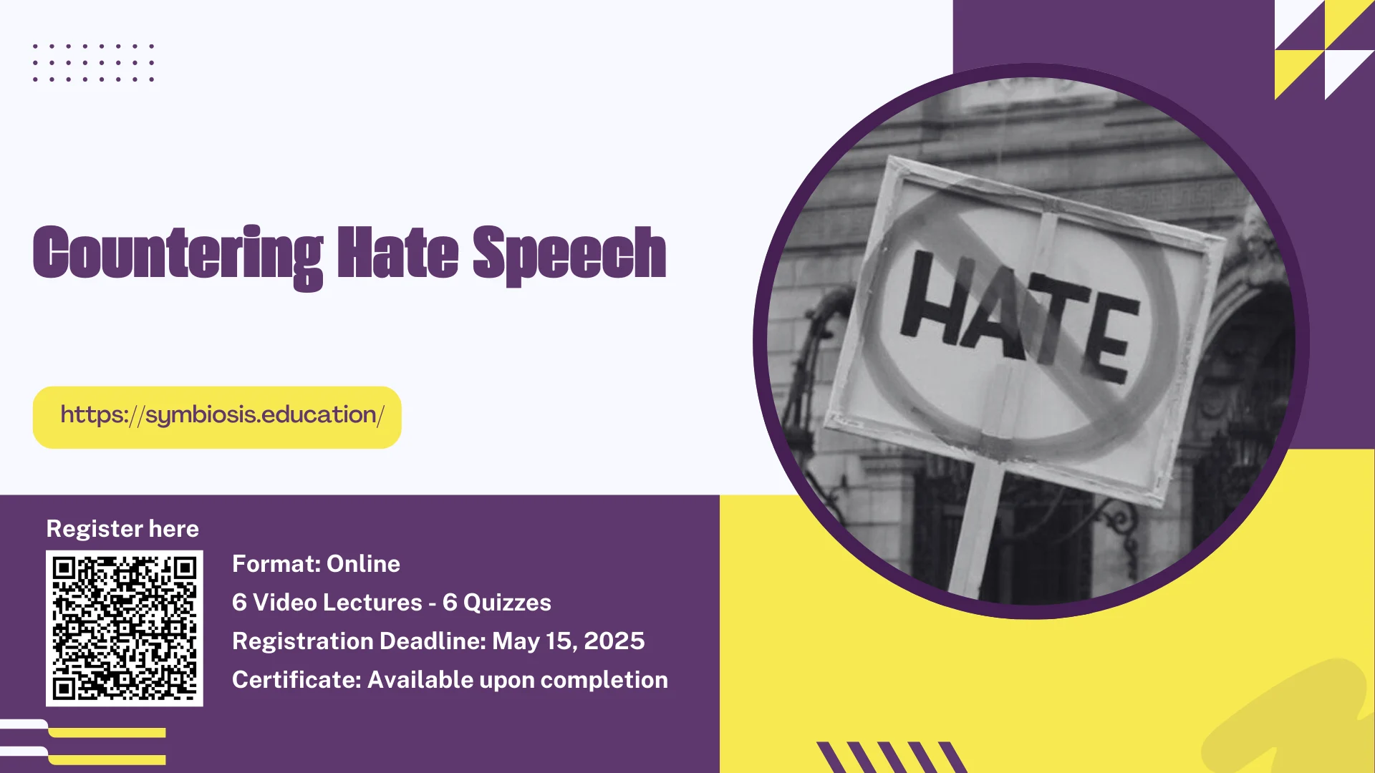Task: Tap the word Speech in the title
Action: pos(569,255)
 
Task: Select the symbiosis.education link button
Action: pos(217,417)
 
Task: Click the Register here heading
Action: pos(122,529)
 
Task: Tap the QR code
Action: pos(125,628)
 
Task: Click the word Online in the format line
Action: pos(363,564)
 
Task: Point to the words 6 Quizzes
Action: pos(497,603)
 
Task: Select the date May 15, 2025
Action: pos(569,641)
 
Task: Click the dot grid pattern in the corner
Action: pos(93,62)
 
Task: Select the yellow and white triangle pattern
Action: pos(1325,49)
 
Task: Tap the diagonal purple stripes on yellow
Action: pos(892,757)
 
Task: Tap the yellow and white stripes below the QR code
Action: pos(83,742)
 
